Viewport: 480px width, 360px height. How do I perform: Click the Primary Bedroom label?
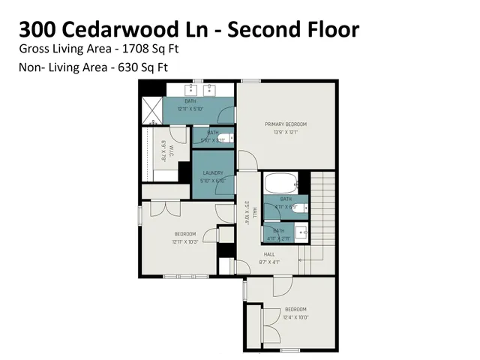coord(285,124)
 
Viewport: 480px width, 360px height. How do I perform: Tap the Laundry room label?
coord(212,173)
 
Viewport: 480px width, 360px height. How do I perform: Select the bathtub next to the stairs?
coord(279,182)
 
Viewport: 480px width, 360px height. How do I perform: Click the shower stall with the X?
coord(152,110)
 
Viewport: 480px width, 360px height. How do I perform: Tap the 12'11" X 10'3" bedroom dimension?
coord(185,241)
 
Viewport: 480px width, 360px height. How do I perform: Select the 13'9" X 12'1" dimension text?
coord(285,132)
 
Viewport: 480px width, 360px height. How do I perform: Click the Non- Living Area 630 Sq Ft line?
coord(93,67)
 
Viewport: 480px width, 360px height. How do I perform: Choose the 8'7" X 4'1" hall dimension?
coord(268,262)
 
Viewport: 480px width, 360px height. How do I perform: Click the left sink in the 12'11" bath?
coord(187,91)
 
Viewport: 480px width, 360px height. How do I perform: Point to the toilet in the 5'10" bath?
coord(225,134)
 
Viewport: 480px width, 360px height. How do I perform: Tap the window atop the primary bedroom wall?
coord(250,81)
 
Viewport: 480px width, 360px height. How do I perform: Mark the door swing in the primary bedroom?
coord(247,162)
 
